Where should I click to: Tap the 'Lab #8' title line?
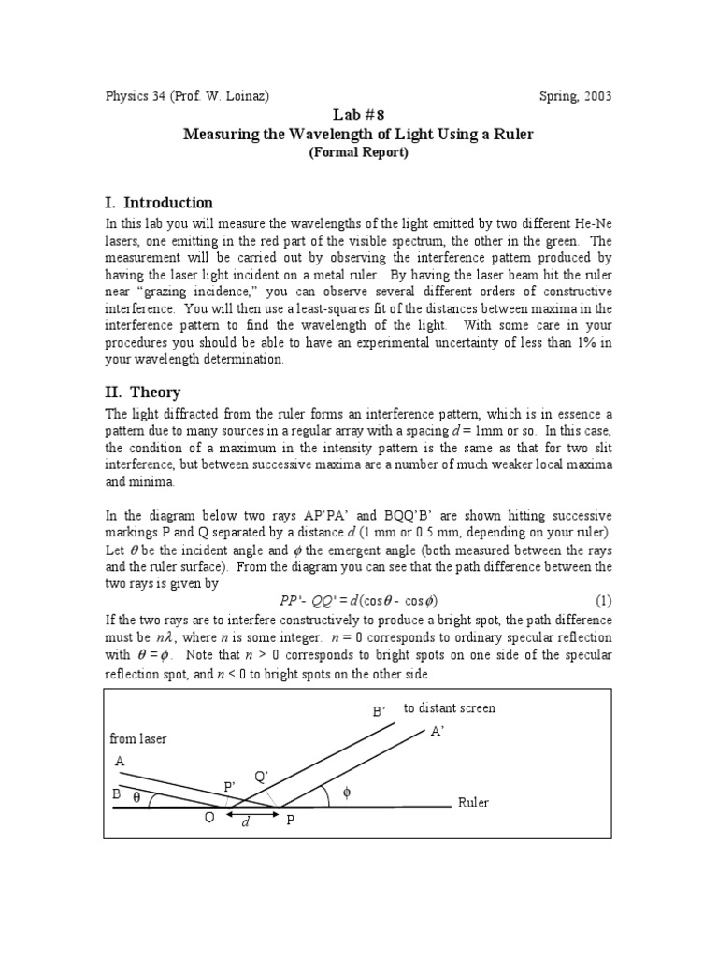pyautogui.click(x=358, y=114)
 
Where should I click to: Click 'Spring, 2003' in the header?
pyautogui.click(x=576, y=96)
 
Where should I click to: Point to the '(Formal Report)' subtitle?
pyautogui.click(x=358, y=153)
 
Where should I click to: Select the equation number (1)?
pyautogui.click(x=603, y=600)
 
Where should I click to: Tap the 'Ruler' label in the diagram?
pyautogui.click(x=473, y=803)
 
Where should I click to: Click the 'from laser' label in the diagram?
pyautogui.click(x=138, y=738)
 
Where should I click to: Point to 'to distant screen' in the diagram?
pyautogui.click(x=450, y=708)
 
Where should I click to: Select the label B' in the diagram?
pyautogui.click(x=379, y=712)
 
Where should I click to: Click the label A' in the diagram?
pyautogui.click(x=436, y=733)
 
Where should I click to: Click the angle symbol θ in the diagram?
pyautogui.click(x=137, y=797)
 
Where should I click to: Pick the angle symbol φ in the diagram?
pyautogui.click(x=348, y=793)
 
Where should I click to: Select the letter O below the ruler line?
pyautogui.click(x=209, y=816)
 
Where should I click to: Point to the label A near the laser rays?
pyautogui.click(x=119, y=762)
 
